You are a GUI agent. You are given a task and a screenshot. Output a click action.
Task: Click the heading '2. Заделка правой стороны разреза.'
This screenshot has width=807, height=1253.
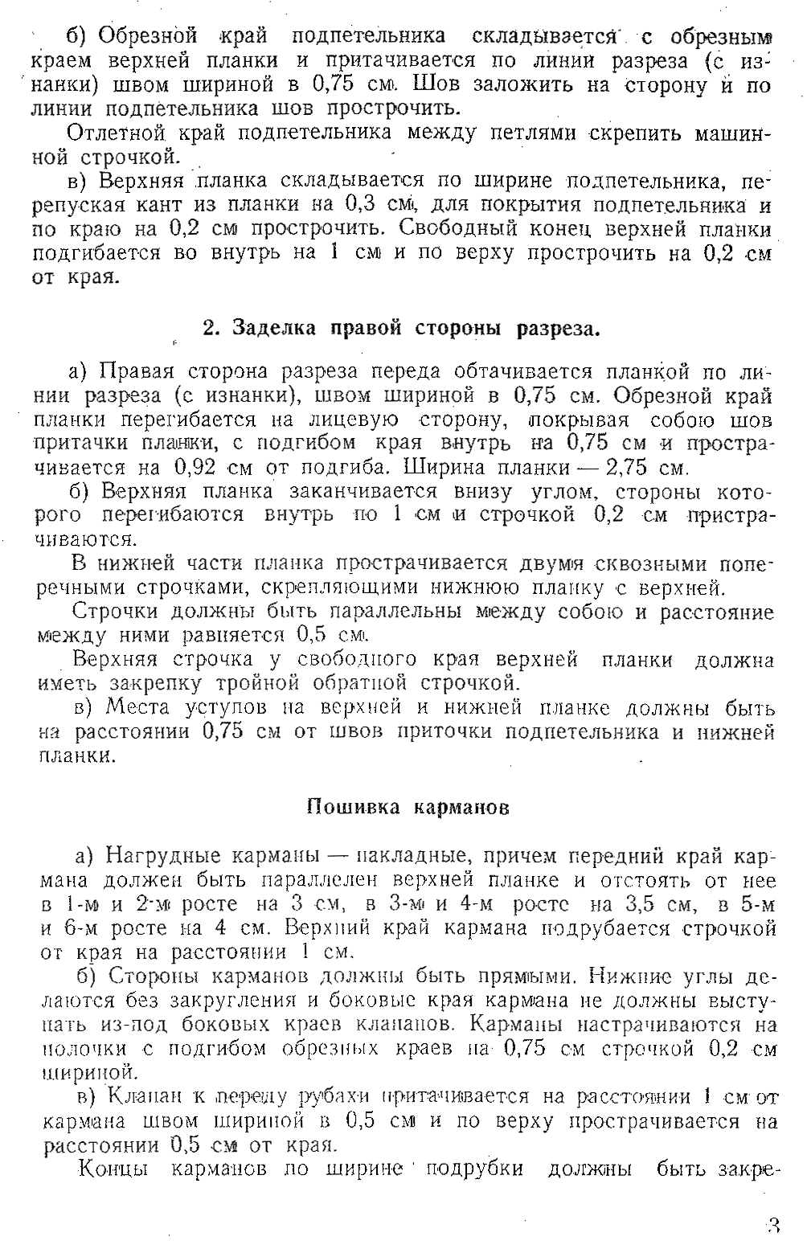(x=401, y=328)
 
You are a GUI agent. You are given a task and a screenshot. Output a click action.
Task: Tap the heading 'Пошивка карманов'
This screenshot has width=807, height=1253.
(x=408, y=807)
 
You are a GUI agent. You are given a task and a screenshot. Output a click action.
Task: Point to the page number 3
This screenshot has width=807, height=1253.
(x=773, y=1226)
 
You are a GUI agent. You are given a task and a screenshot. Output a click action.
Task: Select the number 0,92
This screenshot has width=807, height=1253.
(x=195, y=467)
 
